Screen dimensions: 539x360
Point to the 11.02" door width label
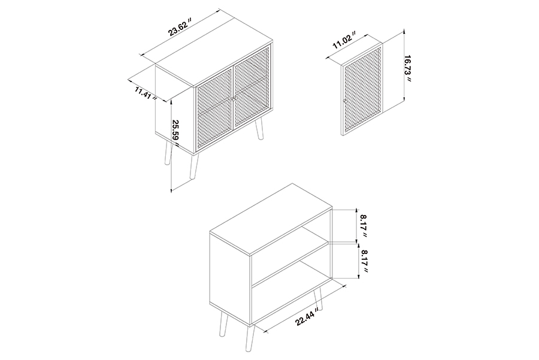point(344,41)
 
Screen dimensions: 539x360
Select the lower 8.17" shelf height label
point(364,261)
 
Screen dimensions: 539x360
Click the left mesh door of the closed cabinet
point(215,110)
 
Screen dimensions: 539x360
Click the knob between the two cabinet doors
point(234,99)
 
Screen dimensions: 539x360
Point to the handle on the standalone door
point(344,101)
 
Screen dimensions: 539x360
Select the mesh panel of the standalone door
point(363,89)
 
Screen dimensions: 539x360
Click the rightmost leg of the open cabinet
point(319,299)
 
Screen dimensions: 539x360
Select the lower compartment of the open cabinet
point(292,292)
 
